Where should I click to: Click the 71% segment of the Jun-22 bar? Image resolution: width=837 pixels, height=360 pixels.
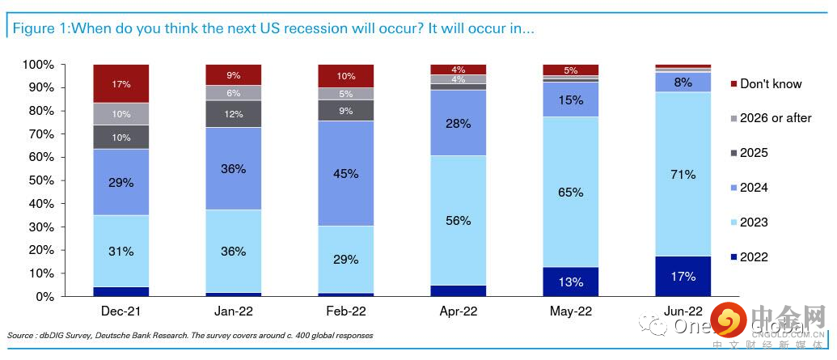tap(683, 174)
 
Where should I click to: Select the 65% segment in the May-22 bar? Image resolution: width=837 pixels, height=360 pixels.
tap(570, 192)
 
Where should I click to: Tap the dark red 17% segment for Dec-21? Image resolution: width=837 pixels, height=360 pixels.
tap(121, 83)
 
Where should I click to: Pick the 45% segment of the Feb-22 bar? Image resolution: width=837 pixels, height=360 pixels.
tap(346, 173)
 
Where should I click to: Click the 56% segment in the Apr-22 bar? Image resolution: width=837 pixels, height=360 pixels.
tap(459, 220)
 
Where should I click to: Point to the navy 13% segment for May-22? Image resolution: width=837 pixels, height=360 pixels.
tap(570, 282)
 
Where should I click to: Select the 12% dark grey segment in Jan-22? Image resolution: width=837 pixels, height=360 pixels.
tap(234, 114)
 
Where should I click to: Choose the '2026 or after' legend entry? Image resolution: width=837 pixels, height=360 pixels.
tap(775, 118)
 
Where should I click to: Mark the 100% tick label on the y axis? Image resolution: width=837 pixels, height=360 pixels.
tap(37, 65)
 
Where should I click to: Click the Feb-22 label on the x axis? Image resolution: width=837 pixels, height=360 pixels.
tap(346, 311)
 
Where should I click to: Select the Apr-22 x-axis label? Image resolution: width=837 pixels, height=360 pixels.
tap(459, 311)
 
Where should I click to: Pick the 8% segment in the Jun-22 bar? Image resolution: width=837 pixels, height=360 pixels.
tap(683, 82)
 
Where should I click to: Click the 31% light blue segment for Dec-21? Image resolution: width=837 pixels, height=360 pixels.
tap(121, 251)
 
